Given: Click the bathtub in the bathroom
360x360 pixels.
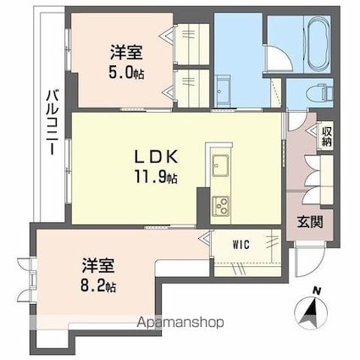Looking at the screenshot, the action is pos(319,46).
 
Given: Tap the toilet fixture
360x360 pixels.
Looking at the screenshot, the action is pos(322,91).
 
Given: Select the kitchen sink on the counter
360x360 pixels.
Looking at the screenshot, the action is pos(220,165).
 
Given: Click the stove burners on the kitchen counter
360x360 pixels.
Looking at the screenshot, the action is pos(220,206).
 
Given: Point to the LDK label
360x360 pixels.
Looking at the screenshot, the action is pos(156,157).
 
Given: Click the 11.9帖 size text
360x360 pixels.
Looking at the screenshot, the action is pos(156,177).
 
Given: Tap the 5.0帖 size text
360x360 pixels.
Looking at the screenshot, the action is pos(126,73).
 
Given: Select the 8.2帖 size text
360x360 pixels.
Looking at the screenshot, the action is pos(98,286).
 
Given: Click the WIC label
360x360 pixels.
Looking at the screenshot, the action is pos(241,244).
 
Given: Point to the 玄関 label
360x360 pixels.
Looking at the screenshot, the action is pos(310,222).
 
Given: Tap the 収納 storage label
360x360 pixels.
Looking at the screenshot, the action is pos(327,136).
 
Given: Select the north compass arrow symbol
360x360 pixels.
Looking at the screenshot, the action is pos(311,312).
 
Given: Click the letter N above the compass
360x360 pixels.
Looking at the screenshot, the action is pos(318,291).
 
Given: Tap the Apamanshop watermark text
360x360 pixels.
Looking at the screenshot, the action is pos(180,322).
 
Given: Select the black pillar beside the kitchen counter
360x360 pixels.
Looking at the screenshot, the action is pos(203,208).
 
